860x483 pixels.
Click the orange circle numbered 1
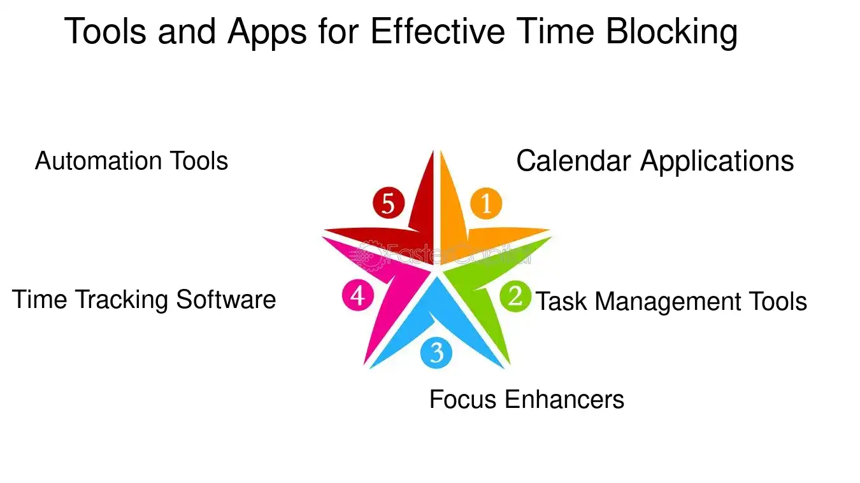tap(486, 204)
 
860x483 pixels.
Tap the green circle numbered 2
tap(515, 297)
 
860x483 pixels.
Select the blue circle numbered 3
tap(436, 353)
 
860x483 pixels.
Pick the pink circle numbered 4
tap(357, 296)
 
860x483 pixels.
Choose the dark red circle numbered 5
tap(389, 204)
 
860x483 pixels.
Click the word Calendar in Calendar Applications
tap(574, 161)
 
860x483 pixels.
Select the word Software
tap(226, 300)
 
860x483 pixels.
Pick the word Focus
tap(463, 400)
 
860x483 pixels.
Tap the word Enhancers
tap(564, 400)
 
